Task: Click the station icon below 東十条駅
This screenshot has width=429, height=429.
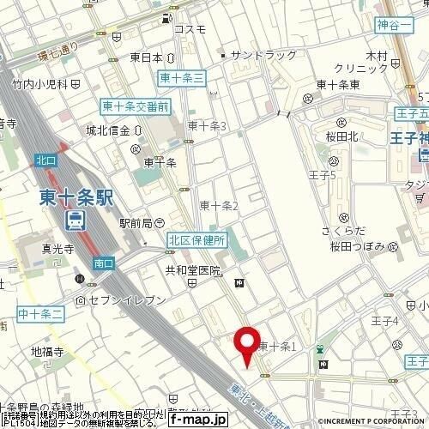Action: coord(76,221)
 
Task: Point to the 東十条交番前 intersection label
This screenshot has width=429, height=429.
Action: coord(136,106)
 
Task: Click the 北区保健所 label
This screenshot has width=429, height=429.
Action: coord(196,241)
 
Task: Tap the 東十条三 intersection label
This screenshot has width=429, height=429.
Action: coord(182,78)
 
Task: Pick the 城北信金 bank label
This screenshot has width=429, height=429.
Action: coord(107,131)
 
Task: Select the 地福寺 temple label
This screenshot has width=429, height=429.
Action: coord(49,351)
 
